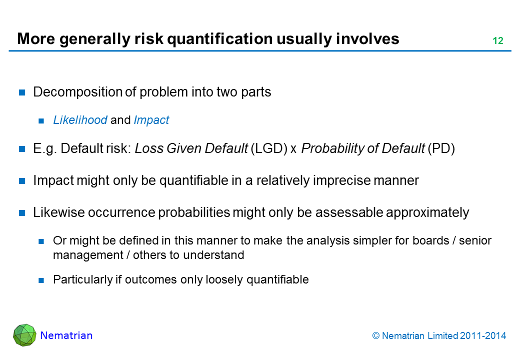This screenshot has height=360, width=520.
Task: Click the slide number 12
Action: point(498,41)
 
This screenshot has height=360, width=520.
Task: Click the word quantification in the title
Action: point(220,39)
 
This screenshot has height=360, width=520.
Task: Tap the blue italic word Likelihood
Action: point(80,120)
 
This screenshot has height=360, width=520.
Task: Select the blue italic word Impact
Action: point(151,120)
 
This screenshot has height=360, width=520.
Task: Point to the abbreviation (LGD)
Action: point(269,148)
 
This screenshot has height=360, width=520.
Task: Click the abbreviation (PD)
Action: point(441,148)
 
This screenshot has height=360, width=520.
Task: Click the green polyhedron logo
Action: point(24,335)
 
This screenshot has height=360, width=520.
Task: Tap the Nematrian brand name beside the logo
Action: point(66,335)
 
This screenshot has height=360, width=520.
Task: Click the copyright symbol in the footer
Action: point(375,336)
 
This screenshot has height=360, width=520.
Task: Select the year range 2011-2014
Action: point(483,336)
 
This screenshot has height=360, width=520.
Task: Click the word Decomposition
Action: point(78,92)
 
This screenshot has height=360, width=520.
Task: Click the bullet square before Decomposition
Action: point(22,92)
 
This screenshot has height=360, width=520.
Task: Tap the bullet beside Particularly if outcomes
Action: point(41,280)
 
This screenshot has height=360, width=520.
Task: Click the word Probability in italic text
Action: point(332,148)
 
